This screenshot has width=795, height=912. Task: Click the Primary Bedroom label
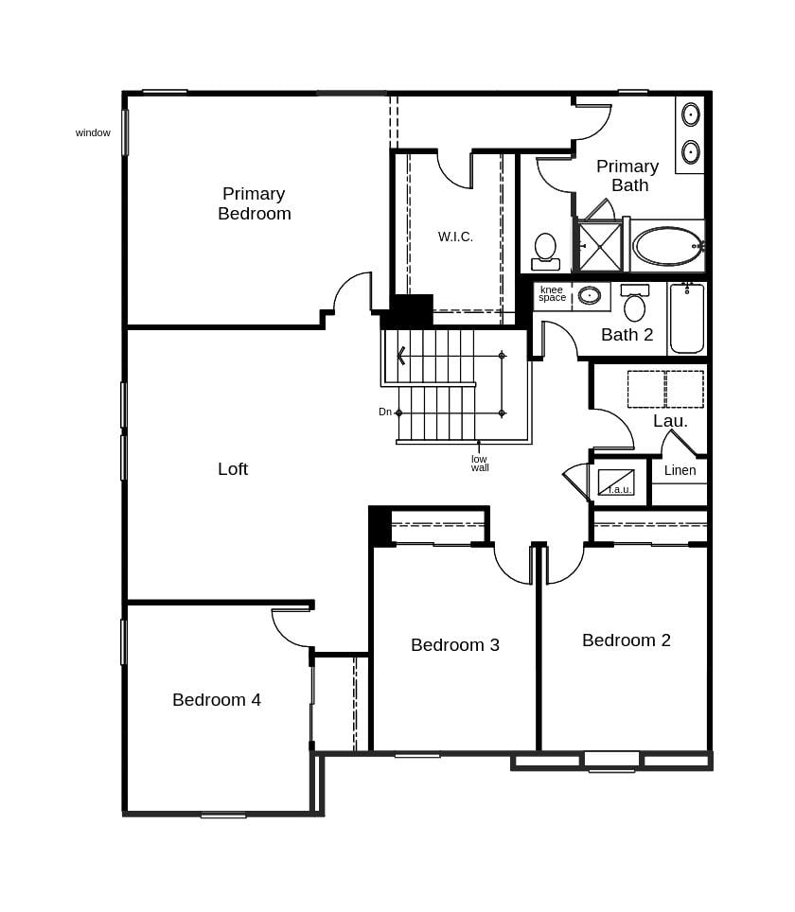pyautogui.click(x=254, y=203)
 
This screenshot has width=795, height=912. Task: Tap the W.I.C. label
pyautogui.click(x=455, y=237)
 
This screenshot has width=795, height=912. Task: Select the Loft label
pyautogui.click(x=233, y=468)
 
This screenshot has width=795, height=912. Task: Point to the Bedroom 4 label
pyautogui.click(x=217, y=699)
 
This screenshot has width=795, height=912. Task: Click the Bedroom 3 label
pyautogui.click(x=455, y=644)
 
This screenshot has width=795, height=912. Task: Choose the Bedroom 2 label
pyautogui.click(x=627, y=640)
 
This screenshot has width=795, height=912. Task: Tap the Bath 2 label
pyautogui.click(x=627, y=334)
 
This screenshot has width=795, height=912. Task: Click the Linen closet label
pyautogui.click(x=680, y=470)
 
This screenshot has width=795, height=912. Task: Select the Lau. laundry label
pyautogui.click(x=670, y=420)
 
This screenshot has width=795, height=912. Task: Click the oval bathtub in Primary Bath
pyautogui.click(x=668, y=246)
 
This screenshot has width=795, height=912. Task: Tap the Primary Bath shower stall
pyautogui.click(x=600, y=246)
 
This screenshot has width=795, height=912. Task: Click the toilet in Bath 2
pyautogui.click(x=634, y=304)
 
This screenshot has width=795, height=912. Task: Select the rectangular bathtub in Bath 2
pyautogui.click(x=686, y=318)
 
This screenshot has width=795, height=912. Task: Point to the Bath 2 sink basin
pyautogui.click(x=590, y=295)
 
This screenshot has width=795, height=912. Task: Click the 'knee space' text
pyautogui.click(x=552, y=294)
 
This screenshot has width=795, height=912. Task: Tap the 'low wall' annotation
pyautogui.click(x=480, y=464)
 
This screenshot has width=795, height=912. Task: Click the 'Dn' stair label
pyautogui.click(x=385, y=412)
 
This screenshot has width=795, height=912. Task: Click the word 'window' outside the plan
pyautogui.click(x=93, y=132)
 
